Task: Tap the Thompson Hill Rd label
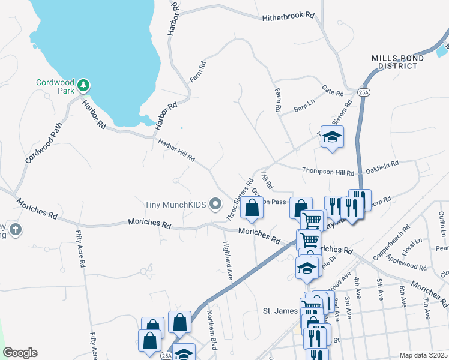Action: [x=328, y=172]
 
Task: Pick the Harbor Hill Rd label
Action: [x=176, y=151]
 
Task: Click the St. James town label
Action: [x=282, y=311]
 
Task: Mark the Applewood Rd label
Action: [x=406, y=262]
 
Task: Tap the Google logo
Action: [x=20, y=353]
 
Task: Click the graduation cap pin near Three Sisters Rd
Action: [x=331, y=137]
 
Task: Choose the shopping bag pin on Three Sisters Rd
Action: [x=252, y=208]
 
